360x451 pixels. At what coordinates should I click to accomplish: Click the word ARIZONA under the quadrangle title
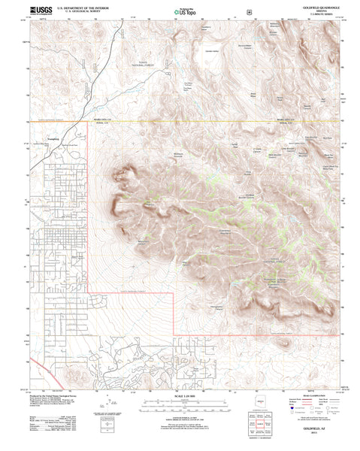pos(321,12)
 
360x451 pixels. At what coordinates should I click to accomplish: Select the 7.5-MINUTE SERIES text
pos(320,15)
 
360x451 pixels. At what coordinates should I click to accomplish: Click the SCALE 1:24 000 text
pos(180,392)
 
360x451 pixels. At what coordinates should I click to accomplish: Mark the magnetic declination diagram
pos(107,413)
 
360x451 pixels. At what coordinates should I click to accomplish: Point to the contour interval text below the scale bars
pos(180,419)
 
